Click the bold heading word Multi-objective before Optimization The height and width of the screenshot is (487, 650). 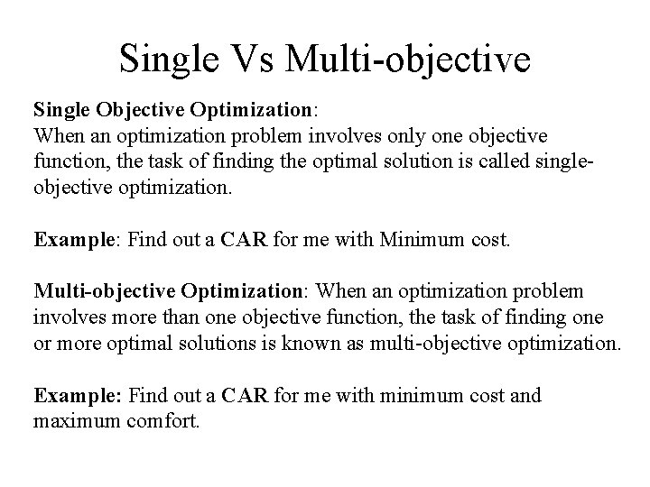click(x=105, y=292)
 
